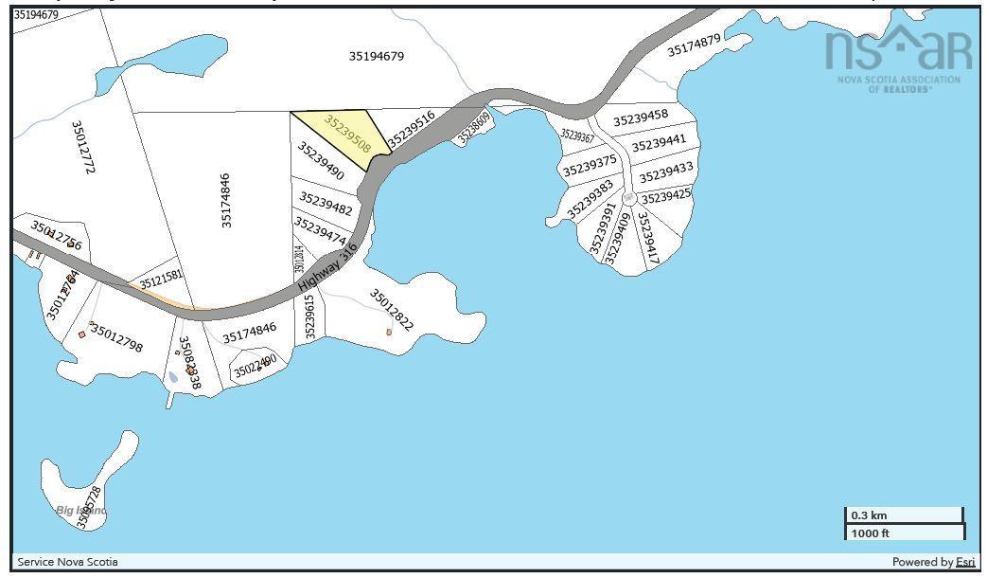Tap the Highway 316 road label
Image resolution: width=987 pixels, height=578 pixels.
pyautogui.click(x=315, y=267)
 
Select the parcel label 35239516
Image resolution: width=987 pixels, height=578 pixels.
pyautogui.click(x=412, y=127)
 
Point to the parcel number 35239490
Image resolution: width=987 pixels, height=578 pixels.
pyautogui.click(x=321, y=161)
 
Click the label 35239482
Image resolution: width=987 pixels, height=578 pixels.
pyautogui.click(x=326, y=203)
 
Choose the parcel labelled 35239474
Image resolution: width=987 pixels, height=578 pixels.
pyautogui.click(x=320, y=230)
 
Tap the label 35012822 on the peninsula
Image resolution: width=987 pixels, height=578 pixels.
pyautogui.click(x=392, y=310)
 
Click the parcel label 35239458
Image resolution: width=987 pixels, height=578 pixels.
pyautogui.click(x=641, y=117)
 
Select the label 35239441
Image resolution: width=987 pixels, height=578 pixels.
pyautogui.click(x=659, y=143)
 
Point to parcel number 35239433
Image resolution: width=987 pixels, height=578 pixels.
pyautogui.click(x=666, y=172)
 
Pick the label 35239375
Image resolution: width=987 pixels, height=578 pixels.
pyautogui.click(x=590, y=167)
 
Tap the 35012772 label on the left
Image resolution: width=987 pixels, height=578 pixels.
pyautogui.click(x=83, y=146)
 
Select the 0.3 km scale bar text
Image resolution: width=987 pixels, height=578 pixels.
pyautogui.click(x=869, y=515)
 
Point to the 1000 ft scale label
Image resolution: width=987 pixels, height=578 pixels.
pyautogui.click(x=871, y=533)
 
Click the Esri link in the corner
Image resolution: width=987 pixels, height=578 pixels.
pyautogui.click(x=965, y=562)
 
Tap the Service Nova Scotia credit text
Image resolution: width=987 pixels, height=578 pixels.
pyautogui.click(x=68, y=562)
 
